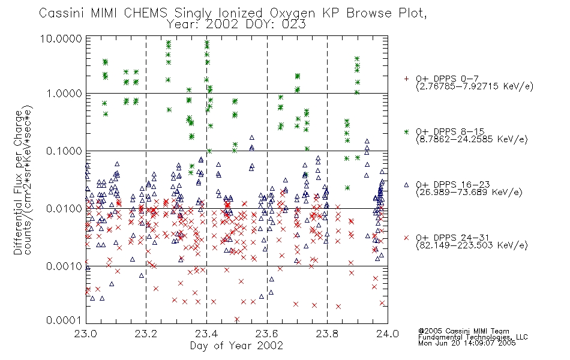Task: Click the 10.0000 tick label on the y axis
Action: pos(61,38)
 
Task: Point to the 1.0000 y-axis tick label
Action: pos(64,94)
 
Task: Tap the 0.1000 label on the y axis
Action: pos(64,151)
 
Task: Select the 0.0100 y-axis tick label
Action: pos(64,209)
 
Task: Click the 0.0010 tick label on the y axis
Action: pos(64,266)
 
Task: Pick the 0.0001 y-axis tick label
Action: pos(64,320)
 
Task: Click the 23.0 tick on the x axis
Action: pos(85,334)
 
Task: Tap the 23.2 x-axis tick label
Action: pos(146,334)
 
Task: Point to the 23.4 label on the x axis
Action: pos(206,334)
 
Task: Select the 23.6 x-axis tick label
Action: pos(267,334)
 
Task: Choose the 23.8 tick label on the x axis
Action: pos(327,334)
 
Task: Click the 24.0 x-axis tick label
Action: pos(388,334)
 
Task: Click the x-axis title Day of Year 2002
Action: pos(236,346)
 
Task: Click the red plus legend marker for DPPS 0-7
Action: pos(406,79)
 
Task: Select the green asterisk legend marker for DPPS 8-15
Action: pos(406,132)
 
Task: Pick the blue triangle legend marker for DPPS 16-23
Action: pos(406,185)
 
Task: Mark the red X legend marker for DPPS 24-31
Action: pos(406,238)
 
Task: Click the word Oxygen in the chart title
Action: pos(293,13)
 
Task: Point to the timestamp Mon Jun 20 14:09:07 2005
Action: pos(467,343)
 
